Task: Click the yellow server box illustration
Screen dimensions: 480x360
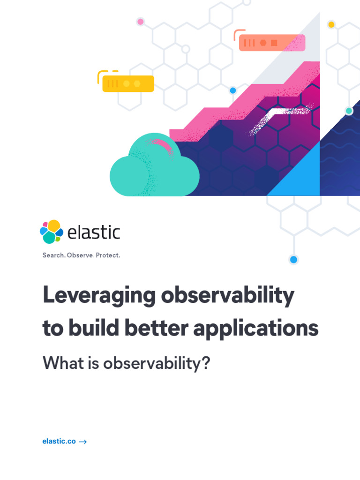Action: coord(128,83)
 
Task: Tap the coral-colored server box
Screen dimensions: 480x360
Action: coord(272,43)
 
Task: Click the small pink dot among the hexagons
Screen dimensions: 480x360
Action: coord(140,22)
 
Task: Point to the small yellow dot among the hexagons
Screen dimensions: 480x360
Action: coord(331,24)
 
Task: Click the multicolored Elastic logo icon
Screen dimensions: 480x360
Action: coord(52,232)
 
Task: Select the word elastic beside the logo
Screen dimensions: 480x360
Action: coord(94,232)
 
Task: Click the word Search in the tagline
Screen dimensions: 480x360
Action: coord(53,255)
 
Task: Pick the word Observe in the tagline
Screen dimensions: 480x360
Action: coord(80,255)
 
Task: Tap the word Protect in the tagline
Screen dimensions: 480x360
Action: coord(108,255)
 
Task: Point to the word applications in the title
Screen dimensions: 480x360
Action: coord(255,329)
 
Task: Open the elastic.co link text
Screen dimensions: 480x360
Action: coord(59,441)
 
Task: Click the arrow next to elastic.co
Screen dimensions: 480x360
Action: coord(83,442)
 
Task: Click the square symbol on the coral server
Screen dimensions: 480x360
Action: coord(274,43)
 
